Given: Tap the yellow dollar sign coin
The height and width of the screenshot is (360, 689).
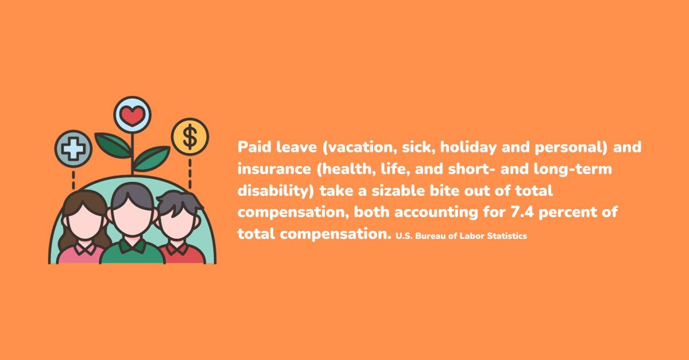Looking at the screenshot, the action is coord(190,137).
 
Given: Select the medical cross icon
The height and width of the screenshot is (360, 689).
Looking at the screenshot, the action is coord(73,149).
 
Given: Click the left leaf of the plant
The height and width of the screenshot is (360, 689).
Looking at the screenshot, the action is coord(113,145).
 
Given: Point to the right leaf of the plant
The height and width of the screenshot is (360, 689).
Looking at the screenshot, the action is coord(152,158).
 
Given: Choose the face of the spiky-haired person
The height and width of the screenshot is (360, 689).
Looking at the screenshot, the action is coord(177,222).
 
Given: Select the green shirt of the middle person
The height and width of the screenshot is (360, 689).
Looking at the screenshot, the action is coord(132,251).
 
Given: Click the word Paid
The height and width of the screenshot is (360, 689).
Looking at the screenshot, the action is coord(254,147).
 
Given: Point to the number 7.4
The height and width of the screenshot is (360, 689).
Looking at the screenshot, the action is coord(522,212).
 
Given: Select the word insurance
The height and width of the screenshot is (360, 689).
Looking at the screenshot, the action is coord(274,169).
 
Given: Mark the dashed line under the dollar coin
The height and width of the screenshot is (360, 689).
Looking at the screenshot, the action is coord(190,173).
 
